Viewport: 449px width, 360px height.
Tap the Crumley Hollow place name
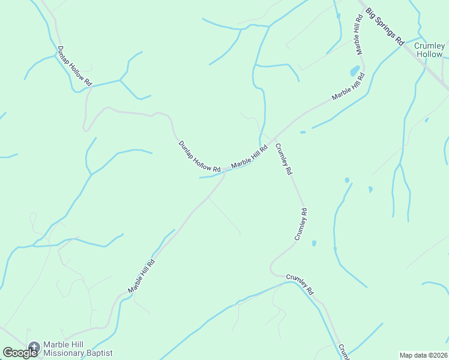pos(429,50)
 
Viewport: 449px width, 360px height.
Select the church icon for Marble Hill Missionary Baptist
pos(34,346)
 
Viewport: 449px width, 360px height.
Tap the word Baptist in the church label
pos(98,354)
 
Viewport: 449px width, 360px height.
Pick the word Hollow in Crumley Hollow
pos(429,54)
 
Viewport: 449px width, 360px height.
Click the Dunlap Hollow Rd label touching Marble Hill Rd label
pos(199,155)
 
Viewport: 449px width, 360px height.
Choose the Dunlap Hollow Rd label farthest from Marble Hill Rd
pos(74,65)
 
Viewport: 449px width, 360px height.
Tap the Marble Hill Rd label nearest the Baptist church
pos(142,276)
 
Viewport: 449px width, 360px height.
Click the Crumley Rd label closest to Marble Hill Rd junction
pos(283,158)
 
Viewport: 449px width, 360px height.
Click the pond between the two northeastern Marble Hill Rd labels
pos(355,70)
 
